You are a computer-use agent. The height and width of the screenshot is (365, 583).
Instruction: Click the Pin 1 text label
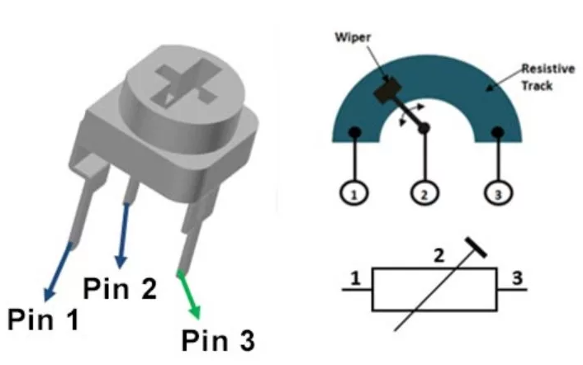point(44,319)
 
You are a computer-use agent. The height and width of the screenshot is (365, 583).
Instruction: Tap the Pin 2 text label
point(120,288)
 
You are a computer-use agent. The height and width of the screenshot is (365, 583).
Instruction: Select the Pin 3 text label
point(219,339)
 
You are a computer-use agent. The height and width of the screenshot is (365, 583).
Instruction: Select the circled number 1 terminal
point(353,193)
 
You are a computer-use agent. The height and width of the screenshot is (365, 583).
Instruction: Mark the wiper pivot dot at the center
point(424,128)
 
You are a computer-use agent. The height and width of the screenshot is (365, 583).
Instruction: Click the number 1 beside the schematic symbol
point(355,279)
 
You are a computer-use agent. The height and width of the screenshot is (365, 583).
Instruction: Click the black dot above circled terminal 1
point(353,132)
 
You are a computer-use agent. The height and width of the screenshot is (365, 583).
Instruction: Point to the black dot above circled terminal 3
point(498,132)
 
